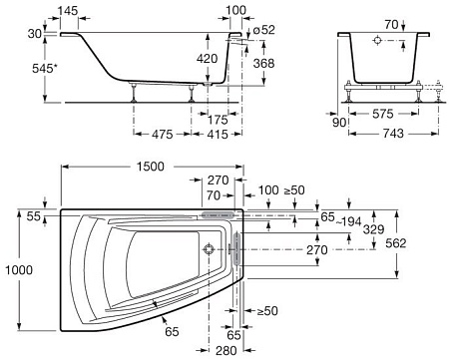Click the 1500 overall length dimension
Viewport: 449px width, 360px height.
151,167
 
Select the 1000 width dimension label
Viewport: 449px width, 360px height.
19,269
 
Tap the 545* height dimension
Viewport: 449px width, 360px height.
45,69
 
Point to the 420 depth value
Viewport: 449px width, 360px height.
207,59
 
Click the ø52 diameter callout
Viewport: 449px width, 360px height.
264,30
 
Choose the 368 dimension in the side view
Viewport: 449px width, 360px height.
263,63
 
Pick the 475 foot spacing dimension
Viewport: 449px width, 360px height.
163,135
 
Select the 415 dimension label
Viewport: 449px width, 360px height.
218,135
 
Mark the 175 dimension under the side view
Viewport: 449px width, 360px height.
218,120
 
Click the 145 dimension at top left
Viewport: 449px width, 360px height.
68,11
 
